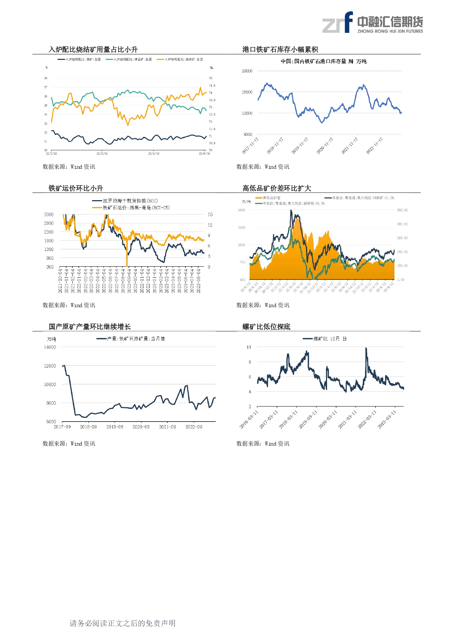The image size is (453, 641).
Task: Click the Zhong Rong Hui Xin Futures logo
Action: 372,23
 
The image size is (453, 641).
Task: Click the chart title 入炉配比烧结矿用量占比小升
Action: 93,50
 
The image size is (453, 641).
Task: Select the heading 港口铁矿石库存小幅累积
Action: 280,50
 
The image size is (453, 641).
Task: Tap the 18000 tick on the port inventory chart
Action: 247,71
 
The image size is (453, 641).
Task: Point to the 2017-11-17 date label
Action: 250,146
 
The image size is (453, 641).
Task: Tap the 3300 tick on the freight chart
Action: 49,214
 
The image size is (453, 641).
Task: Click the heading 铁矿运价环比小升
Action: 76,188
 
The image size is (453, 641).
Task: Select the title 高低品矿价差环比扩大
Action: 277,188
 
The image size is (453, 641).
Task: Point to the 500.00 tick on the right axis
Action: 402,210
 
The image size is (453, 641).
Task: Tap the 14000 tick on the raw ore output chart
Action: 50,347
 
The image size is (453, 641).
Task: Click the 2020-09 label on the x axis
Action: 141,427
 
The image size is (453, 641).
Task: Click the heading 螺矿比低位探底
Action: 266,327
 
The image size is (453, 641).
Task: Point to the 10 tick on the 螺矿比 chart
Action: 249,347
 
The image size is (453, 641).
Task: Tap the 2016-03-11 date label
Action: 249,420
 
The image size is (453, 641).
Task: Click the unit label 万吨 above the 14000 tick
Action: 51,339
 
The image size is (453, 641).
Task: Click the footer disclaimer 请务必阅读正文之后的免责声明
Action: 123,623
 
